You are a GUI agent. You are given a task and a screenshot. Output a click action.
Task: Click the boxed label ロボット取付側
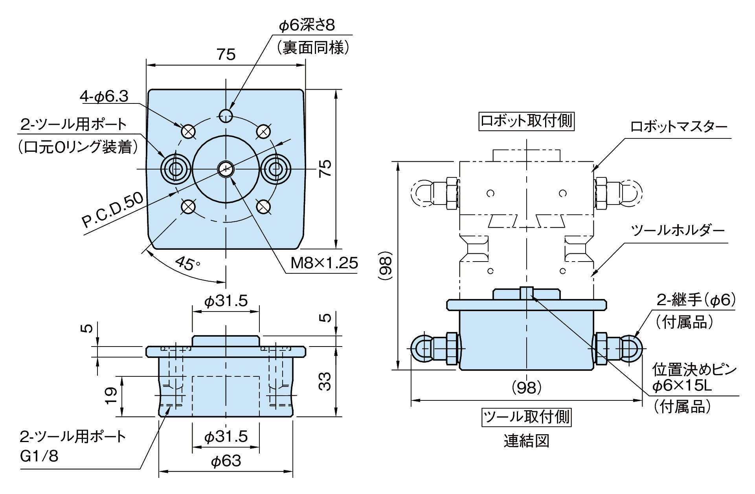coord(526,121)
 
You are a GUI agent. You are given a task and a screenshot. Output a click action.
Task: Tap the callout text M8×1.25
coord(324,263)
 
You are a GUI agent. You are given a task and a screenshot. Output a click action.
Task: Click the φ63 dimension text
coord(226,461)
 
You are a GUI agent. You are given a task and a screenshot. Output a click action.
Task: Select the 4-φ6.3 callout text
coord(105,97)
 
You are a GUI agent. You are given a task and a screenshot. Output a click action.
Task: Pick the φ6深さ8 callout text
coord(307,26)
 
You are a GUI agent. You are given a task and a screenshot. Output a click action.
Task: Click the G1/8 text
coord(39,456)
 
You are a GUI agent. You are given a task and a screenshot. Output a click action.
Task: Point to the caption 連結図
coord(526,441)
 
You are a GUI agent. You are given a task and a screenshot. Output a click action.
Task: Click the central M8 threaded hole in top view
coord(226,169)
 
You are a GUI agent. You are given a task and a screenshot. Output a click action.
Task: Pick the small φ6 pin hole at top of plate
coord(226,115)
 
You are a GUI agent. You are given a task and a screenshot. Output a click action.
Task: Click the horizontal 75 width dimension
coord(226,54)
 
